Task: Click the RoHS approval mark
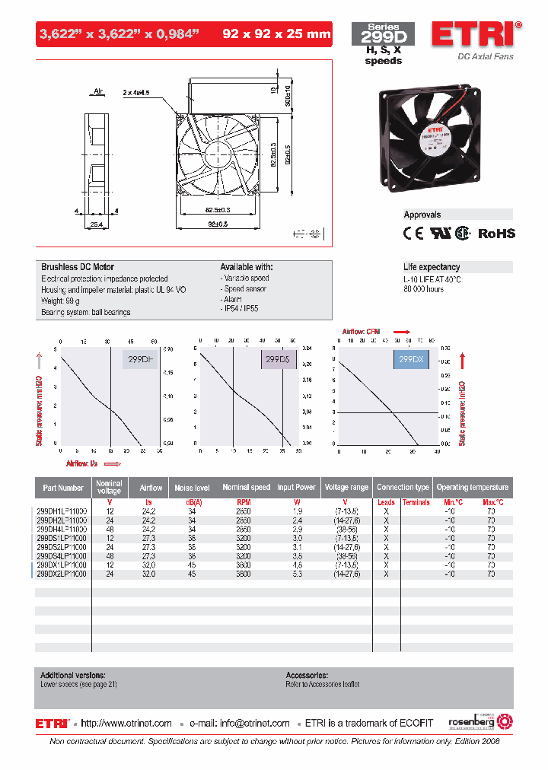[x=496, y=234]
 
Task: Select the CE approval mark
[x=413, y=234]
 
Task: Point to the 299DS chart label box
[x=279, y=359]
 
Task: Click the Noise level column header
[x=192, y=488]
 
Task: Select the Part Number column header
[x=63, y=488]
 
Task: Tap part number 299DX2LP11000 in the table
[x=62, y=574]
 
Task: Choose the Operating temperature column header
[x=472, y=488]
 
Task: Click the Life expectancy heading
[x=432, y=267]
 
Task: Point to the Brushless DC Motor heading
[x=77, y=268]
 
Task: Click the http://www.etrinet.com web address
[x=126, y=723]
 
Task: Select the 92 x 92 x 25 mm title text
[x=276, y=33]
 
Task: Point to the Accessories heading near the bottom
[x=307, y=675]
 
